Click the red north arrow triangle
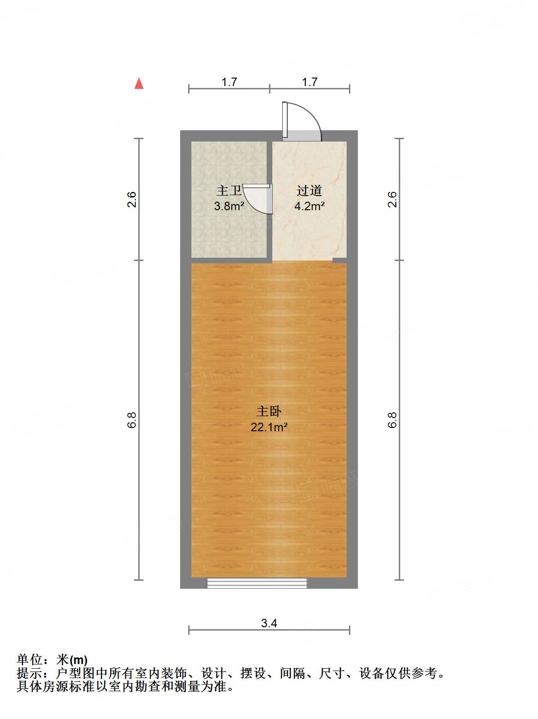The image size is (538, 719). [139, 84]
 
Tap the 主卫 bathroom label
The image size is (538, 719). [229, 190]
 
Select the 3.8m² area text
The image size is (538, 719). [229, 206]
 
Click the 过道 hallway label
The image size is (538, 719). [309, 190]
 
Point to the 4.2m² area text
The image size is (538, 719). [309, 206]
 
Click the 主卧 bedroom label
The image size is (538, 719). [269, 411]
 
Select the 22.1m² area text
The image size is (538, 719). [269, 427]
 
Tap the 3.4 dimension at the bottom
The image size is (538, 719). [269, 623]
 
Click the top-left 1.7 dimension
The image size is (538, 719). [229, 82]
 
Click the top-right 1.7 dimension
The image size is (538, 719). [309, 82]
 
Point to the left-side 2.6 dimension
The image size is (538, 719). [132, 199]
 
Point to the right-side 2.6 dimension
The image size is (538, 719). [393, 199]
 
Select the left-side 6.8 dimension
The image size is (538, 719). [132, 419]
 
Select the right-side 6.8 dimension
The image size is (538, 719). [393, 419]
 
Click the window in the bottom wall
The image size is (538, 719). [257, 583]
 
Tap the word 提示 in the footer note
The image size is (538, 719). [29, 673]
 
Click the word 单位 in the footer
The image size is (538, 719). [29, 660]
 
